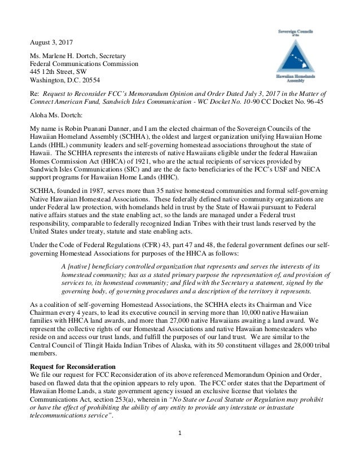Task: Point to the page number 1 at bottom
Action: [x=179, y=443]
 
